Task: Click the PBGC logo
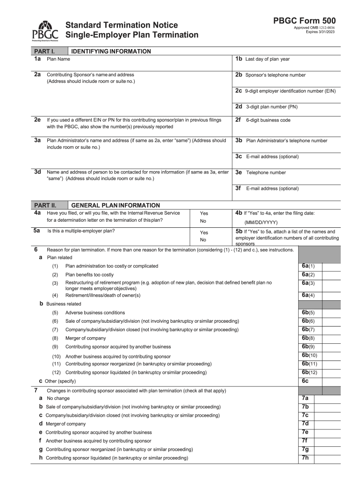click(x=45, y=31)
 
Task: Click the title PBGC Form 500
click(x=304, y=21)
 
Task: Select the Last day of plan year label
click(x=267, y=59)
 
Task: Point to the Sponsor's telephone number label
click(x=275, y=75)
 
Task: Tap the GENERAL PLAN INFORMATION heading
click(x=115, y=205)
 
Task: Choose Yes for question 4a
click(x=204, y=213)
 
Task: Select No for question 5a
click(x=203, y=240)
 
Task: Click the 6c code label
click(x=305, y=381)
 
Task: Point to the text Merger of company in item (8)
click(x=86, y=338)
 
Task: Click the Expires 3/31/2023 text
click(x=320, y=32)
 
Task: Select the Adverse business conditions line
click(x=95, y=312)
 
